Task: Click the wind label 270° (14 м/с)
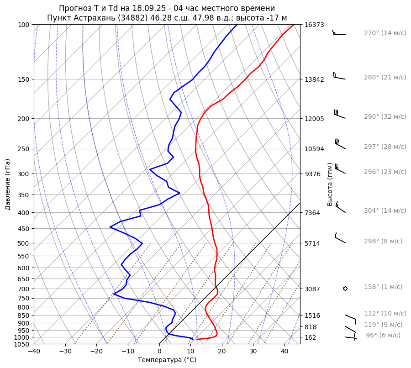click(x=385, y=33)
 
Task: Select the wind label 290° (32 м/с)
click(x=385, y=116)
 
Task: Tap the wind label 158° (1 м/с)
click(x=383, y=287)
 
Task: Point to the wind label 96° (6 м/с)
click(x=383, y=335)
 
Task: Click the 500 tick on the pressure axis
click(x=23, y=243)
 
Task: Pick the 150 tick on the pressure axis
click(x=23, y=79)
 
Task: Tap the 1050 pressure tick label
click(x=21, y=344)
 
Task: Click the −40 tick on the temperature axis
click(x=34, y=351)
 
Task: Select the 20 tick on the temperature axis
click(x=222, y=351)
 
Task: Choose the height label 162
click(x=310, y=337)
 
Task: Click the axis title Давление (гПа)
click(x=7, y=184)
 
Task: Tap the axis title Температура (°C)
click(x=167, y=360)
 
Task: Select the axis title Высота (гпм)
click(x=330, y=184)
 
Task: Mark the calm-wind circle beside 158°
click(x=345, y=288)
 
